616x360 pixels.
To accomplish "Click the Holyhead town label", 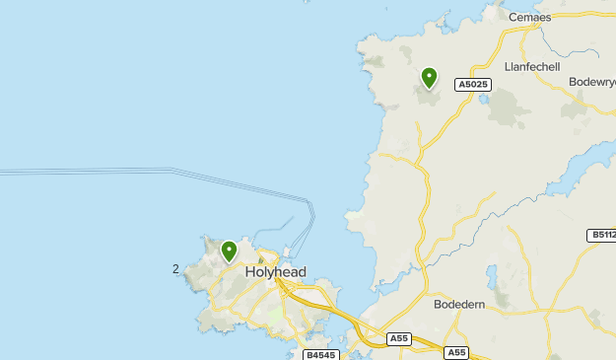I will coord(275,272).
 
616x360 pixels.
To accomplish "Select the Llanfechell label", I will coord(531,66).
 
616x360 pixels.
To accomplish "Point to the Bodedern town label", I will coord(459,305).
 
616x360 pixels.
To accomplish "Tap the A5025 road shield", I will coord(473,86).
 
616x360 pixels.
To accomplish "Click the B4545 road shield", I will coord(319,354).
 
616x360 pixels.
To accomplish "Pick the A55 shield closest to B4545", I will coord(398,338).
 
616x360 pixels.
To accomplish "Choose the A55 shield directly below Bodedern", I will coord(455,352).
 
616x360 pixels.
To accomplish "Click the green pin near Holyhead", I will coord(230,251).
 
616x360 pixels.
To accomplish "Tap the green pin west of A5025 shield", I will coord(429,77).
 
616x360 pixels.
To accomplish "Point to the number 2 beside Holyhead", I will coord(175,268).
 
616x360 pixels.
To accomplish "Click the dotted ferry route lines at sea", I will coord(148,173).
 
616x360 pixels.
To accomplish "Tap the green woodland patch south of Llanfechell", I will coord(507,108).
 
